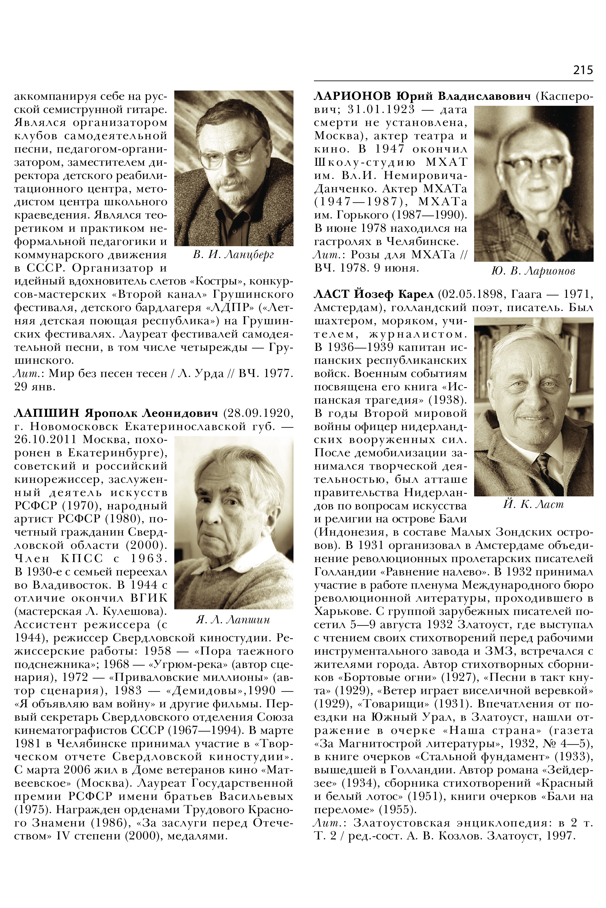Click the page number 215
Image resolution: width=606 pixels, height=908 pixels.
(583, 70)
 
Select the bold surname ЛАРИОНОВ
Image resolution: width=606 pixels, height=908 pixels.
(353, 96)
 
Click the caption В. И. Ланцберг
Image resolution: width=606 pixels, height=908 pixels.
(233, 255)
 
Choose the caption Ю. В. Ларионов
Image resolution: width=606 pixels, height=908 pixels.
(533, 272)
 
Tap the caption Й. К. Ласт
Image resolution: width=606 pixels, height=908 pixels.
(533, 504)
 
